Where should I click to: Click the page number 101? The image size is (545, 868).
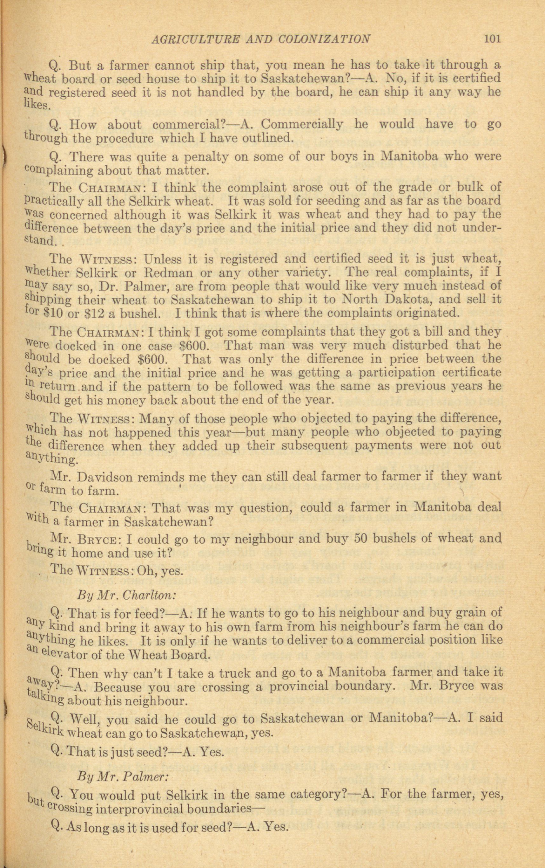[x=493, y=38]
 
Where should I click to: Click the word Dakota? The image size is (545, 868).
[x=412, y=299]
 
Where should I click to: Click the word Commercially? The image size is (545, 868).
[x=301, y=124]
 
